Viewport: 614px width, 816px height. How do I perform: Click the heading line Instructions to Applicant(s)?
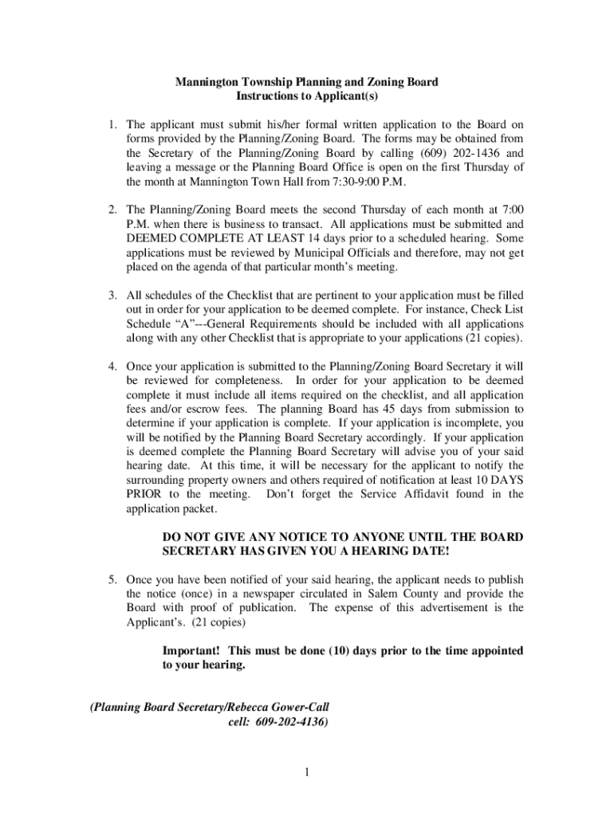pyautogui.click(x=306, y=96)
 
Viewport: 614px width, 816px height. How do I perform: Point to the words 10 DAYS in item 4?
pyautogui.click(x=500, y=481)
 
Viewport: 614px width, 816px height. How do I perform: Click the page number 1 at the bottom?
pyautogui.click(x=306, y=771)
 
